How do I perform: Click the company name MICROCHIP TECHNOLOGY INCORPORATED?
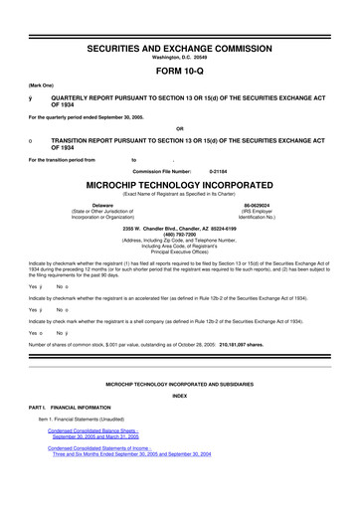coord(179,185)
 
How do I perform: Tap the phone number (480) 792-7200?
coord(179,234)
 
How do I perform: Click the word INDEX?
coord(179,394)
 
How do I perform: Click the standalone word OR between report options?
coord(179,128)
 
